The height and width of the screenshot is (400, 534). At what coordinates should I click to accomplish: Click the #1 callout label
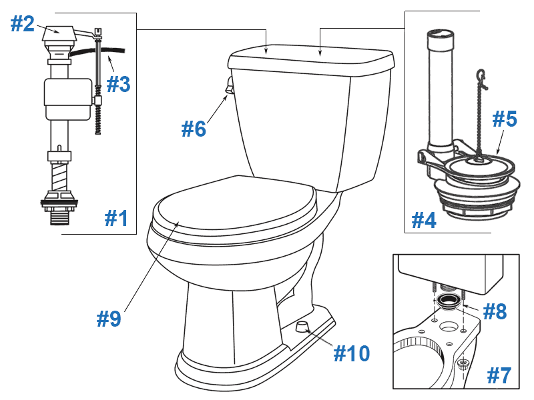click(x=116, y=218)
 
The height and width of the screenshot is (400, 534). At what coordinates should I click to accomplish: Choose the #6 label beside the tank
click(x=194, y=128)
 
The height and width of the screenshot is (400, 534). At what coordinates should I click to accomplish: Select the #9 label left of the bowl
click(x=108, y=319)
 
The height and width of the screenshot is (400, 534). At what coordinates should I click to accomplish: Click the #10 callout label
click(x=351, y=353)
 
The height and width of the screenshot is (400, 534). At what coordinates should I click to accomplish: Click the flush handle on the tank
click(x=229, y=85)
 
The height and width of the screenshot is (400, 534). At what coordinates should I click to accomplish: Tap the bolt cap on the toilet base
click(x=304, y=325)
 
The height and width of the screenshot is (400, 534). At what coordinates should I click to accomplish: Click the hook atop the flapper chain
click(x=483, y=75)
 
